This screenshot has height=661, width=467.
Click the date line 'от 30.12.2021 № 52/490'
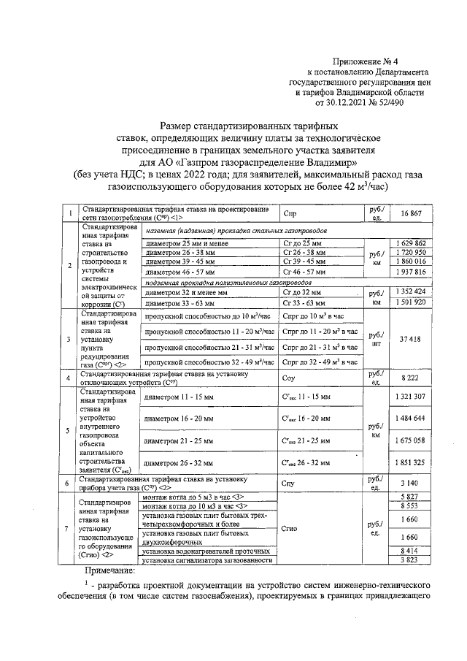click(375, 103)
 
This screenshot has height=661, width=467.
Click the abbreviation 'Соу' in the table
click(289, 378)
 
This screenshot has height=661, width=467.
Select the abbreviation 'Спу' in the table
click(288, 483)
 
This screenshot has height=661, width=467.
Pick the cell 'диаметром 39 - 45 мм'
click(179, 261)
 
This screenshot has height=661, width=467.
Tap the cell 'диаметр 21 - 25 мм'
click(179, 441)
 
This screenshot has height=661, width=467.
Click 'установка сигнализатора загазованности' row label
click(208, 560)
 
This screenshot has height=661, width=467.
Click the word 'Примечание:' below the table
click(109, 570)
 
